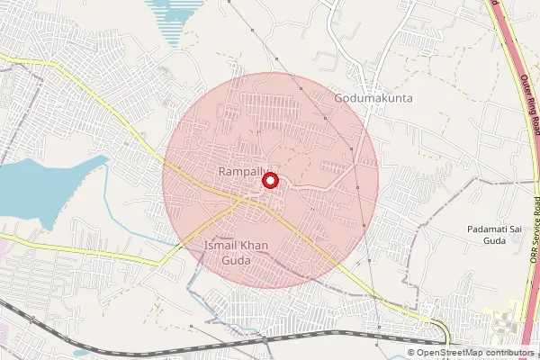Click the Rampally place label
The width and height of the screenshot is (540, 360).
click(x=238, y=170)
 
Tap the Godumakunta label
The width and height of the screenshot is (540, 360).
click(x=373, y=96)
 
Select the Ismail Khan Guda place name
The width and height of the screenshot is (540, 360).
click(x=227, y=252)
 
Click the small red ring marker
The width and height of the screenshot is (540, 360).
click(x=269, y=181)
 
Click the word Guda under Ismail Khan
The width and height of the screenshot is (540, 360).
click(x=228, y=260)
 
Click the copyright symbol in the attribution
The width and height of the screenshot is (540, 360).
click(x=411, y=353)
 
